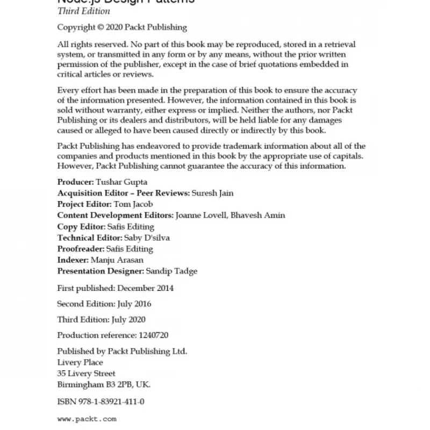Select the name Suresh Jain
click(x=213, y=193)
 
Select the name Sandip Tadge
click(x=172, y=271)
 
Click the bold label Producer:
click(x=75, y=182)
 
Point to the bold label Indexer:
click(x=73, y=260)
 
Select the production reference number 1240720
click(x=153, y=335)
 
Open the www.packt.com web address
click(x=87, y=418)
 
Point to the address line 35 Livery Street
click(x=86, y=373)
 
